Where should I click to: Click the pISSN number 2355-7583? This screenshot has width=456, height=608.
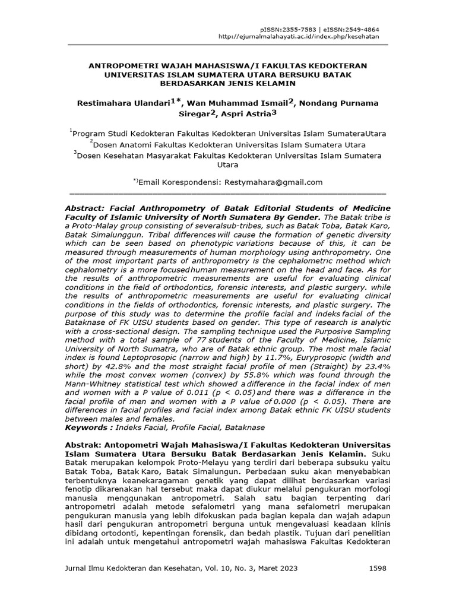295,29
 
